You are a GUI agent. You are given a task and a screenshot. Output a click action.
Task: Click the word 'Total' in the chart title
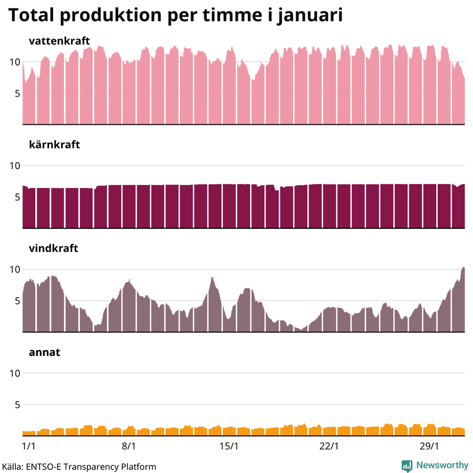tap(33, 16)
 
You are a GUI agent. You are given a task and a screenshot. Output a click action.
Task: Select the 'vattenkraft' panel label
tap(59, 41)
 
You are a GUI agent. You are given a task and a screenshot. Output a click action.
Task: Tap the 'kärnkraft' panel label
tap(54, 144)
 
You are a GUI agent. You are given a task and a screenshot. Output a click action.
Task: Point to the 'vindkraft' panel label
tap(53, 248)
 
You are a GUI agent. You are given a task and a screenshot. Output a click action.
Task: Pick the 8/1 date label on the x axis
tap(129, 445)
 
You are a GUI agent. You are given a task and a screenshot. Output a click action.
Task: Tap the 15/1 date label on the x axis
tap(229, 445)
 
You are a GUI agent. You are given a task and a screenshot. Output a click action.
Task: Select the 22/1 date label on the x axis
tap(329, 445)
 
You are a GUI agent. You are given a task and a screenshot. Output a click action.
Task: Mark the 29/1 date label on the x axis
tap(429, 445)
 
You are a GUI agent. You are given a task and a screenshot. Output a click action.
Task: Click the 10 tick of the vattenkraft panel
tap(14, 62)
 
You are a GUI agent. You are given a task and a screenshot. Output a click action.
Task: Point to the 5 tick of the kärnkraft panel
tap(17, 197)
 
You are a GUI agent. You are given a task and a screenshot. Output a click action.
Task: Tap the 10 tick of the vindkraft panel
tap(14, 270)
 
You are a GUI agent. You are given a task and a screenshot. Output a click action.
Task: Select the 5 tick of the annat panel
tap(17, 404)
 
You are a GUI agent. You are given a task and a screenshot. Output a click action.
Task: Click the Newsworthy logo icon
tap(407, 465)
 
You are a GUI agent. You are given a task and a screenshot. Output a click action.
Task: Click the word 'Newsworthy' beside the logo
tap(441, 465)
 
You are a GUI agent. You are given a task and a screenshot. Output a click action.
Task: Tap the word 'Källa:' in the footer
tap(11, 466)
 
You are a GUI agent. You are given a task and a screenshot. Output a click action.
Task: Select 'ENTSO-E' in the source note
tap(43, 466)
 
